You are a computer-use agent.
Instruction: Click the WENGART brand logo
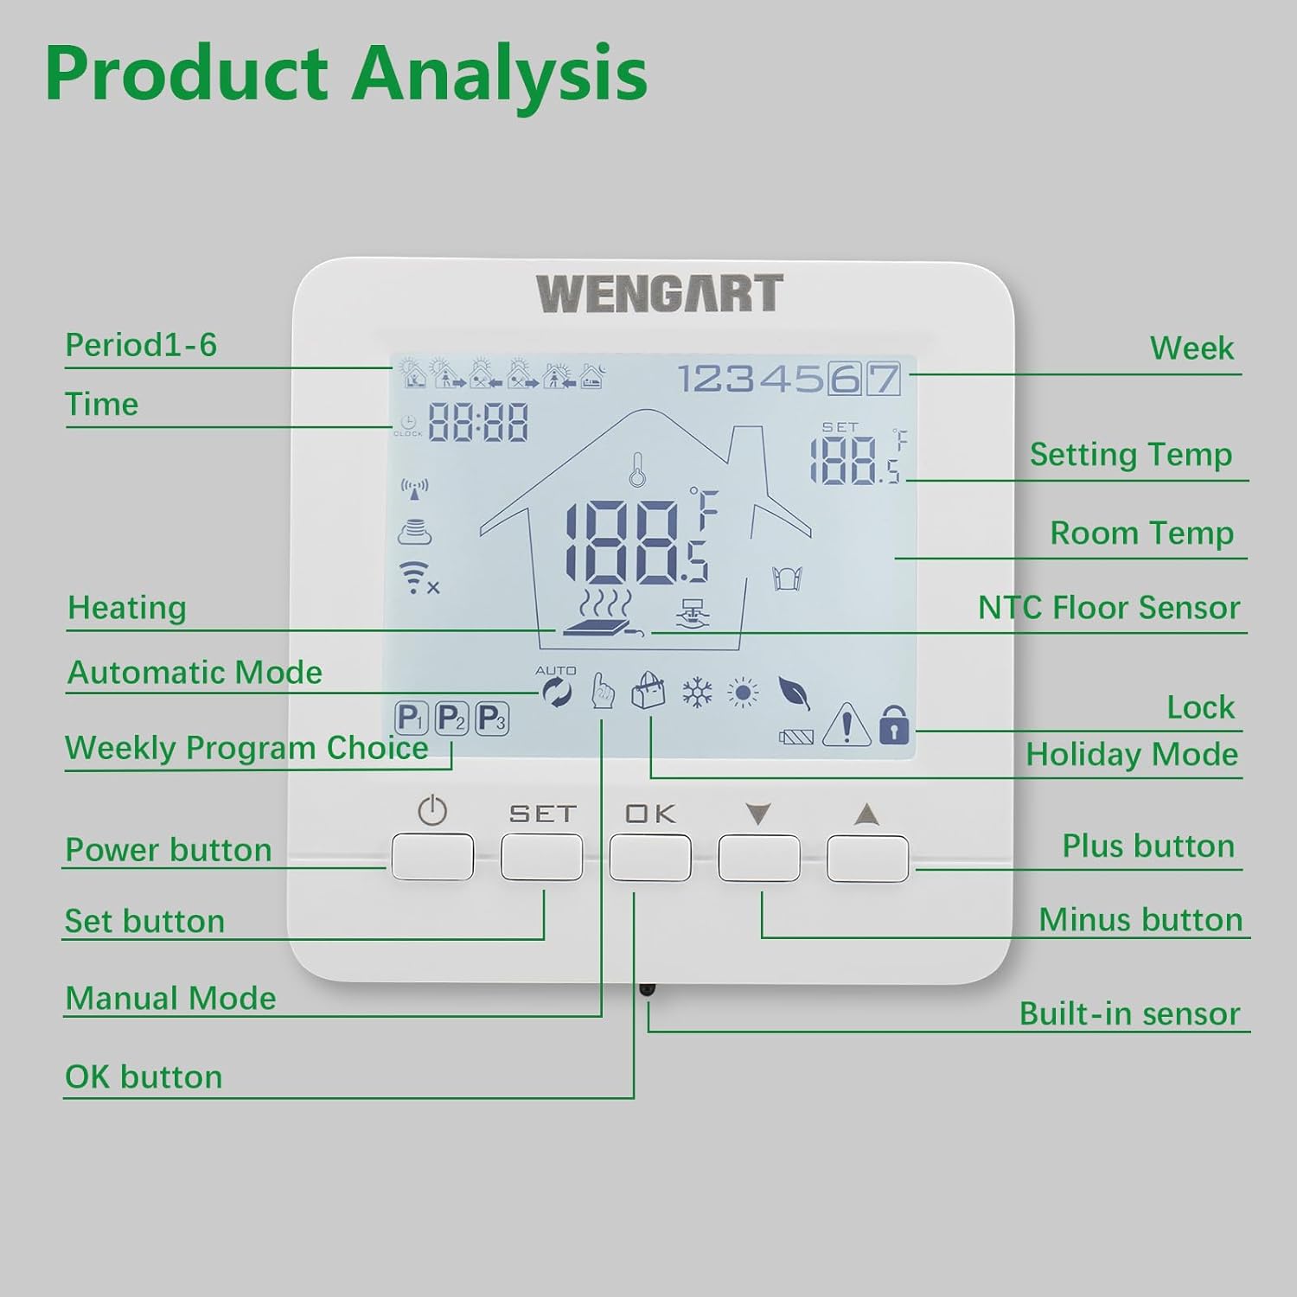point(660,294)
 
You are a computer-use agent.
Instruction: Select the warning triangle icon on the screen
point(846,724)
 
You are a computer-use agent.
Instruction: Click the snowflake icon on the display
point(697,693)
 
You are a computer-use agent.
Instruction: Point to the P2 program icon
point(450,718)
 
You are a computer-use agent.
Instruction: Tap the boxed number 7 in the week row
point(884,379)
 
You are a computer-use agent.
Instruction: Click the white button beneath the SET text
point(541,856)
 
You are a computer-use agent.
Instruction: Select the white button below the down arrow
point(758,857)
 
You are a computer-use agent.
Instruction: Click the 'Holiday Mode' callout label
point(1132,755)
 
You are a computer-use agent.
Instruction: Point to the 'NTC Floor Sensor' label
point(1109,608)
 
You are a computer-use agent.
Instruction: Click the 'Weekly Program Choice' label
point(246,748)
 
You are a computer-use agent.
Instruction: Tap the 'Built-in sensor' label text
point(1129,1013)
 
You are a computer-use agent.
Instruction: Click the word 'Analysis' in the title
point(499,73)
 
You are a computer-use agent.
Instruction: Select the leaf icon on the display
point(794,693)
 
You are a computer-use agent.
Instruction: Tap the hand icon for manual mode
point(602,693)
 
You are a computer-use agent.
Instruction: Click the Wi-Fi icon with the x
point(418,578)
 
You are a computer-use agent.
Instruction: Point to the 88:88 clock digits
point(478,424)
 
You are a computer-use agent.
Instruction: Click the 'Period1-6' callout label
point(141,345)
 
